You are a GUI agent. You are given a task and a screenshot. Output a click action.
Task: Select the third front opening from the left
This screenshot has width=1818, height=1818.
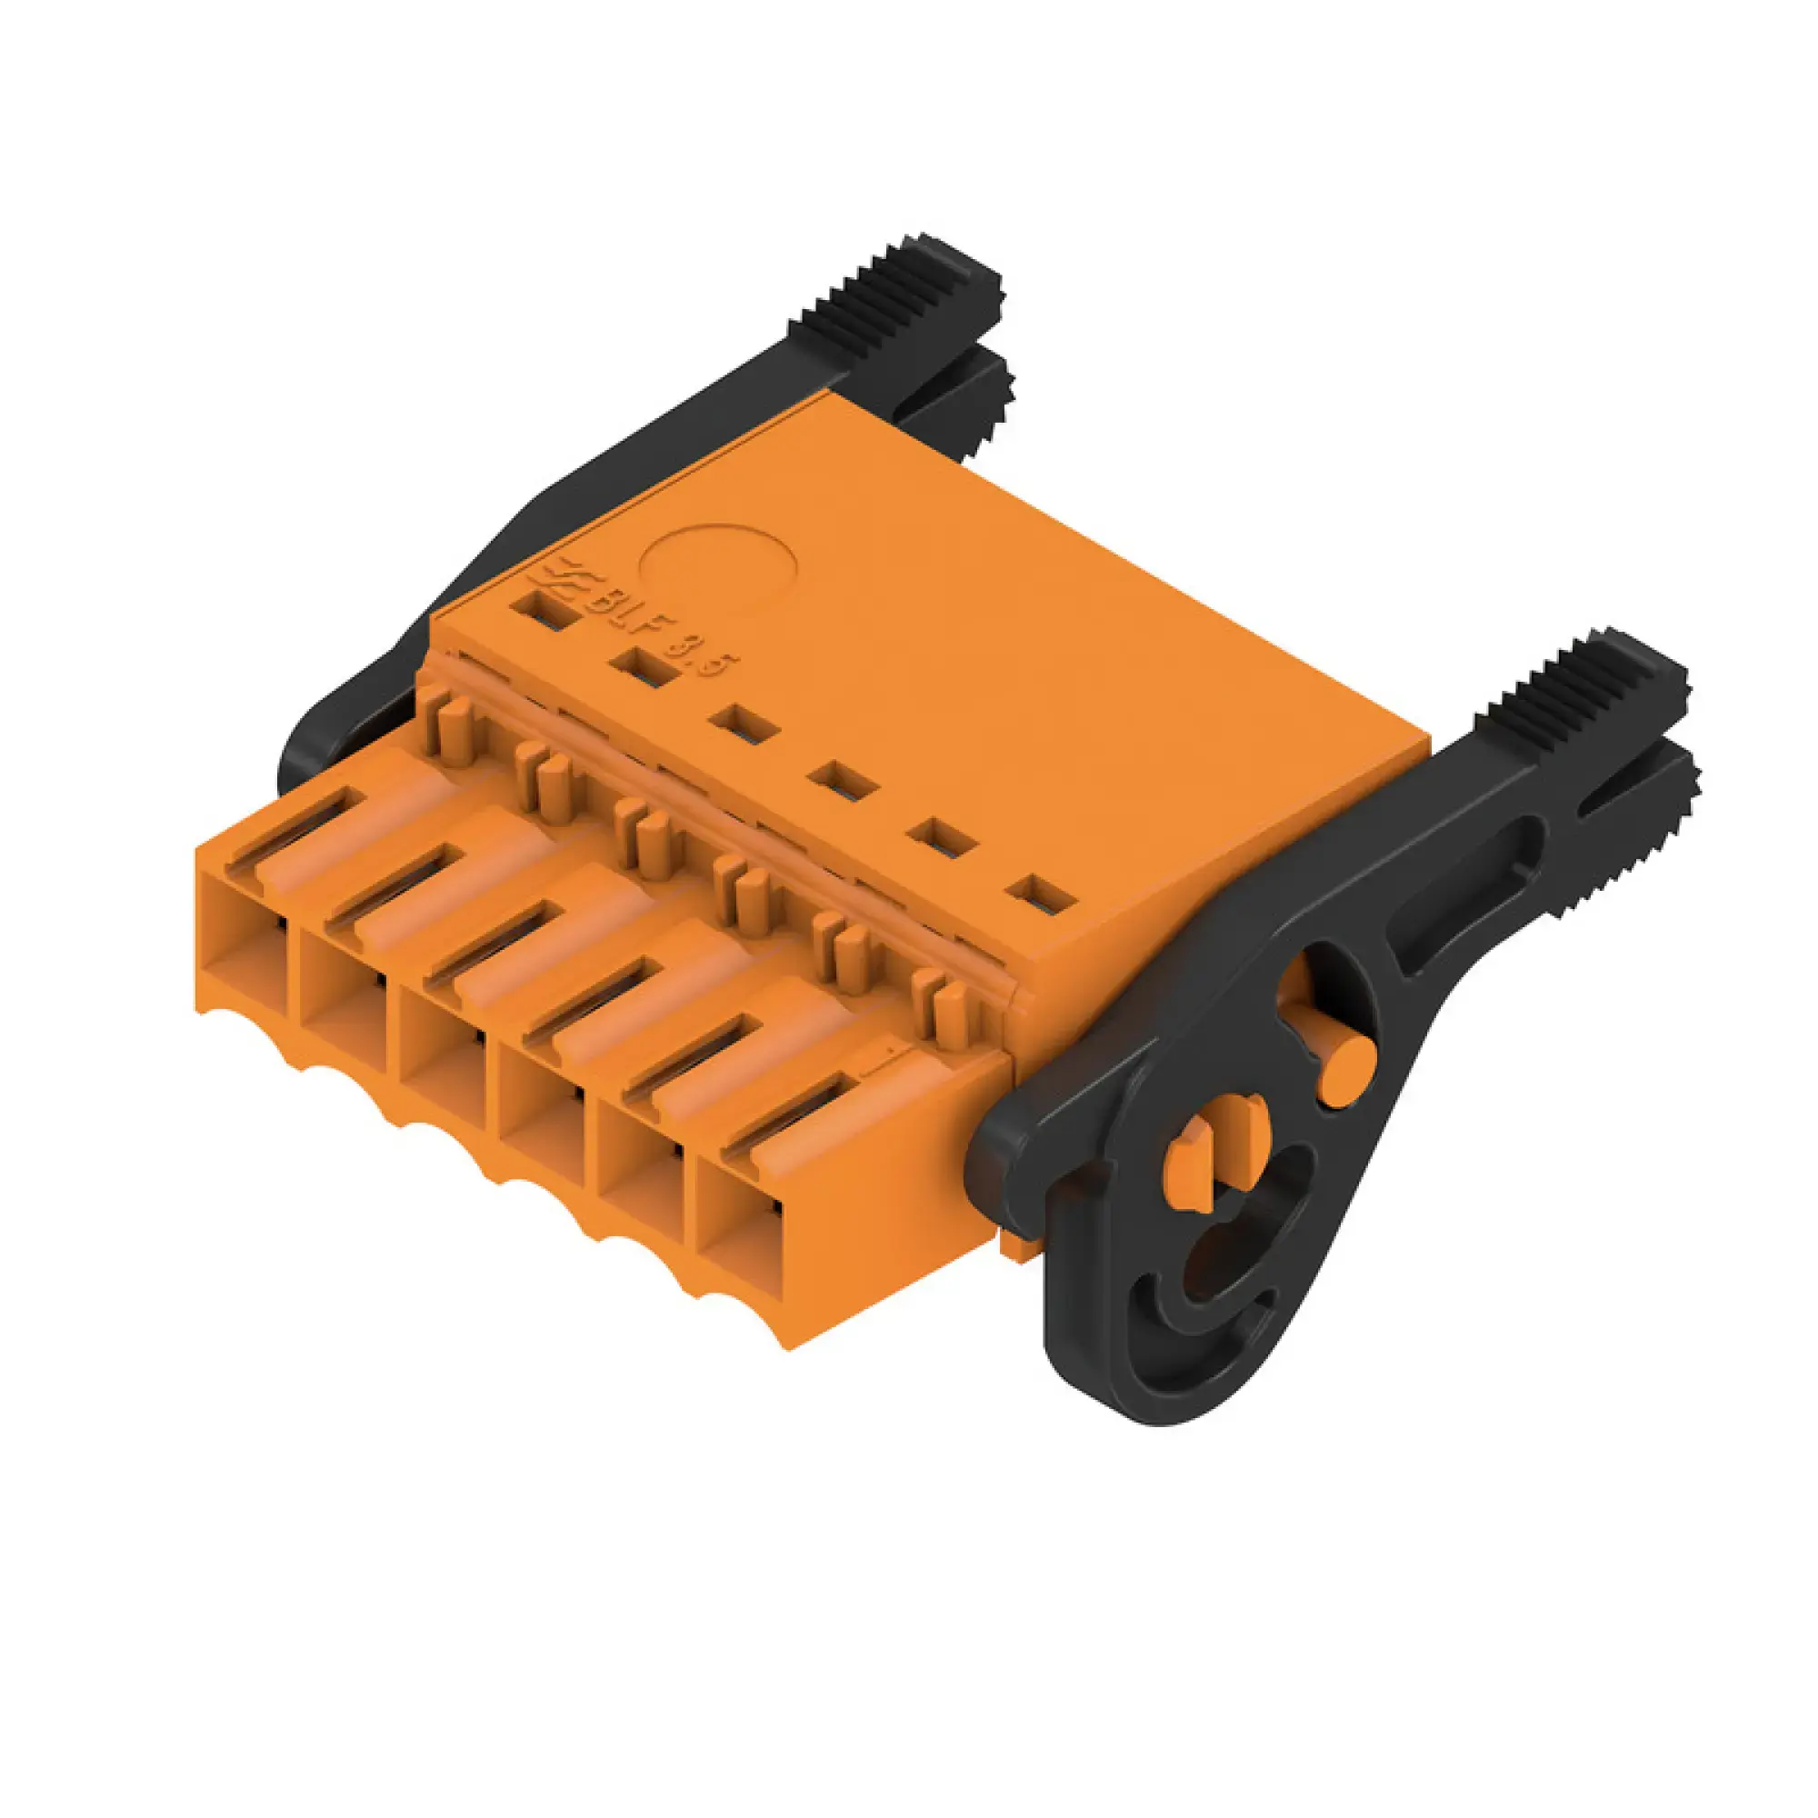440,1059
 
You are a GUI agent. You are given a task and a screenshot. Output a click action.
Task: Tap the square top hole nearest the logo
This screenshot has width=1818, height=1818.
543,610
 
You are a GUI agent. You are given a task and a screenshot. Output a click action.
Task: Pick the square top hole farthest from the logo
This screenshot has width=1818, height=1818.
1041,893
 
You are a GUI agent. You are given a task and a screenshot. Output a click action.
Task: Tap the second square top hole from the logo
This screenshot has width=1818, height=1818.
644,668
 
